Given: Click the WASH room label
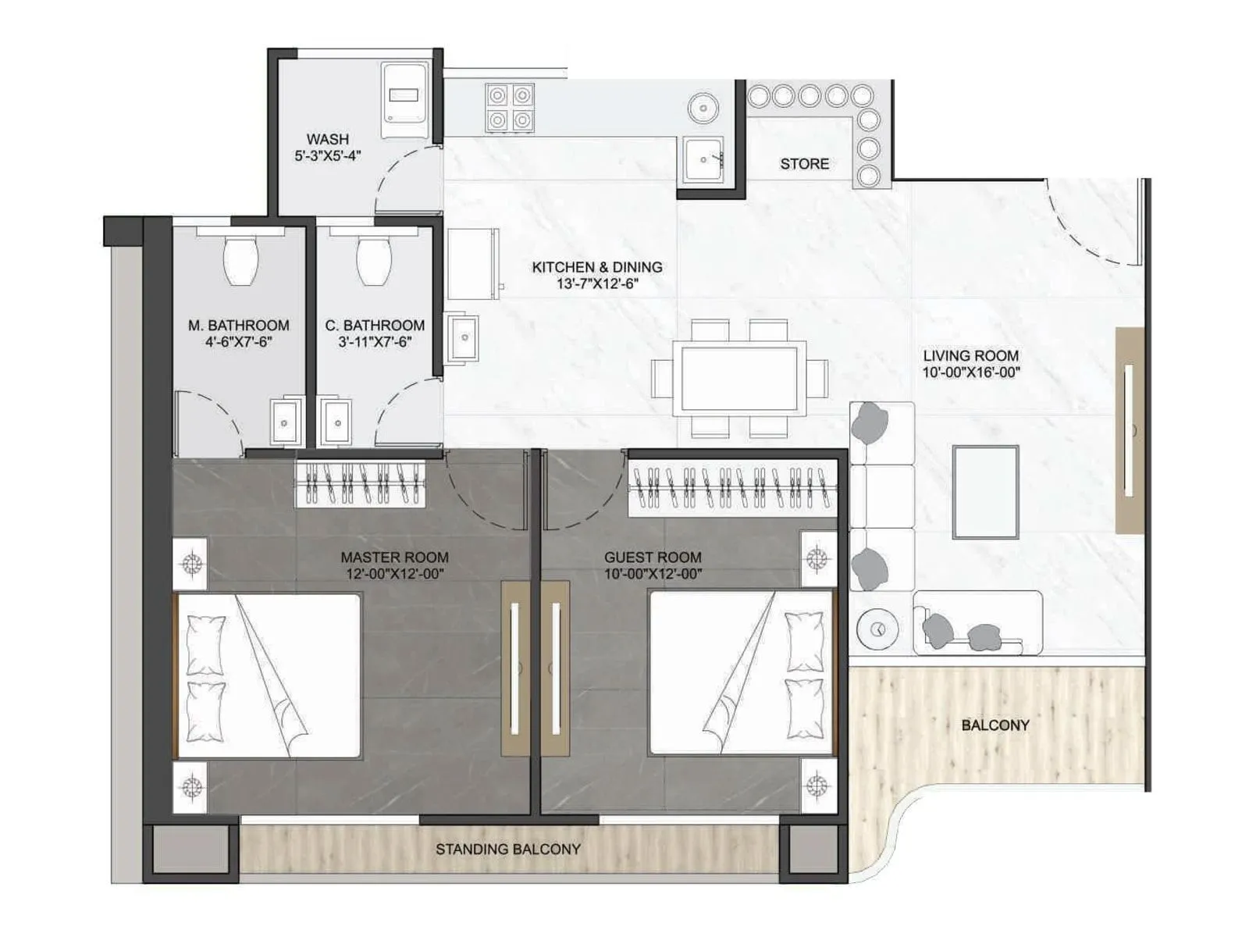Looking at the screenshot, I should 327,139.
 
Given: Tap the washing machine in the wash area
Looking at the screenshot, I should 404,101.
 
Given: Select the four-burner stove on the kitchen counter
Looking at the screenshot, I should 510,107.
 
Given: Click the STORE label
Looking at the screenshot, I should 804,164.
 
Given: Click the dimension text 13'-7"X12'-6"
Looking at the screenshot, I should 597,284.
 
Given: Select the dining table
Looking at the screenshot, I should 739,379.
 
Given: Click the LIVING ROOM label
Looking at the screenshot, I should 970,356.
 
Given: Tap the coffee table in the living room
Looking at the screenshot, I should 985,492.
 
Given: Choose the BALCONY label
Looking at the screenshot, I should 995,725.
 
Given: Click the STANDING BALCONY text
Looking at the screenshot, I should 507,849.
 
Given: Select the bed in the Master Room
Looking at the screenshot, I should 269,675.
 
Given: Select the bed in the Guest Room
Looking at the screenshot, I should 742,673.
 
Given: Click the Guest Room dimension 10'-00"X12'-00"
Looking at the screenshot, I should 653,574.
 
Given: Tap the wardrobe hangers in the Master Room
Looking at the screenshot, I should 360,484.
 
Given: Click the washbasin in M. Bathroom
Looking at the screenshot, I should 285,422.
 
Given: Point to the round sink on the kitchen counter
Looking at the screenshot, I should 703,107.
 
